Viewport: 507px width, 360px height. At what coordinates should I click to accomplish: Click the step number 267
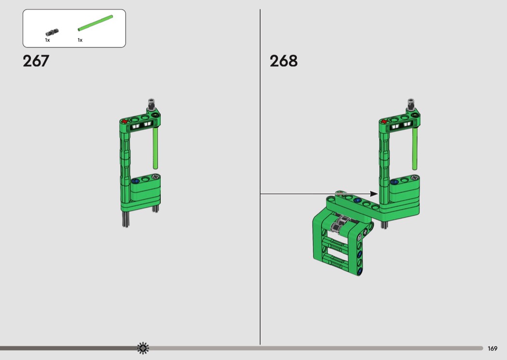(36, 61)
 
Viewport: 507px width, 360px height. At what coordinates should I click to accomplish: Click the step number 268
(283, 61)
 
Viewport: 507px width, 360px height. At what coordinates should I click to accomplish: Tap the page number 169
(492, 348)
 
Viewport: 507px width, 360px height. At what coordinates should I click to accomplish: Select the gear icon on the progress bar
(143, 348)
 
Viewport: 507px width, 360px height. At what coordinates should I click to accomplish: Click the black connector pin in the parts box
(52, 32)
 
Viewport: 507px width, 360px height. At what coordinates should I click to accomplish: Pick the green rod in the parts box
(96, 23)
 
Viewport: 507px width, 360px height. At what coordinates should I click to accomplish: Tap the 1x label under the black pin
(47, 40)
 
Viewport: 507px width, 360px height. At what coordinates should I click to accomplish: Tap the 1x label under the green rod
(80, 40)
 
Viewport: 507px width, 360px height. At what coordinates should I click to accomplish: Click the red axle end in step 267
(125, 122)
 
